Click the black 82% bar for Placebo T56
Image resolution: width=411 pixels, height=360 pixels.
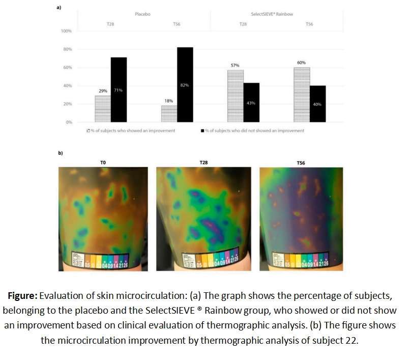coord(185,85)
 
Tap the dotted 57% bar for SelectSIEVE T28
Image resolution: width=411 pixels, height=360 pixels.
coord(236,96)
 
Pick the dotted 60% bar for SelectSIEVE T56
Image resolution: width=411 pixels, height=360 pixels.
coord(302,95)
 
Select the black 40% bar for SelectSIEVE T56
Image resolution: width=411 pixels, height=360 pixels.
coord(317,104)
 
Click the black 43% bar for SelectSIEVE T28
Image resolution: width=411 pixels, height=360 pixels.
coord(251,102)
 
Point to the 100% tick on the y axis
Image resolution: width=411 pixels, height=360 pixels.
coord(66,31)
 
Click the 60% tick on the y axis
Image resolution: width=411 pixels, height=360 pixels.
coord(67,68)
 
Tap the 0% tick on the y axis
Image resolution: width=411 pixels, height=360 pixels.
coord(68,123)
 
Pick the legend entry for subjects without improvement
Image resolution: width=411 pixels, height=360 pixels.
coord(254,131)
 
